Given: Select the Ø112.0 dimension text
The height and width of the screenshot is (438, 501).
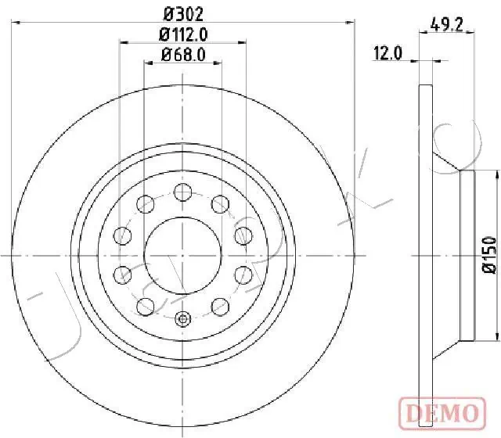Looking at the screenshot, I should tap(182, 34).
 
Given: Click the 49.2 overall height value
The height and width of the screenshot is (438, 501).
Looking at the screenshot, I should tap(449, 24).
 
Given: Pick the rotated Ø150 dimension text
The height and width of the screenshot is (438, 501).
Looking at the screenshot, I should tap(489, 256).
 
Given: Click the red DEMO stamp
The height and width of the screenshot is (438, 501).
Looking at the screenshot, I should tap(443, 409).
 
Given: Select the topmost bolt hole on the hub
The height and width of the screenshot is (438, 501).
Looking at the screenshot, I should tap(182, 192).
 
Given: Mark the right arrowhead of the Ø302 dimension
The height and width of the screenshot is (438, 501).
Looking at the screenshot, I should tap(349, 23).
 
